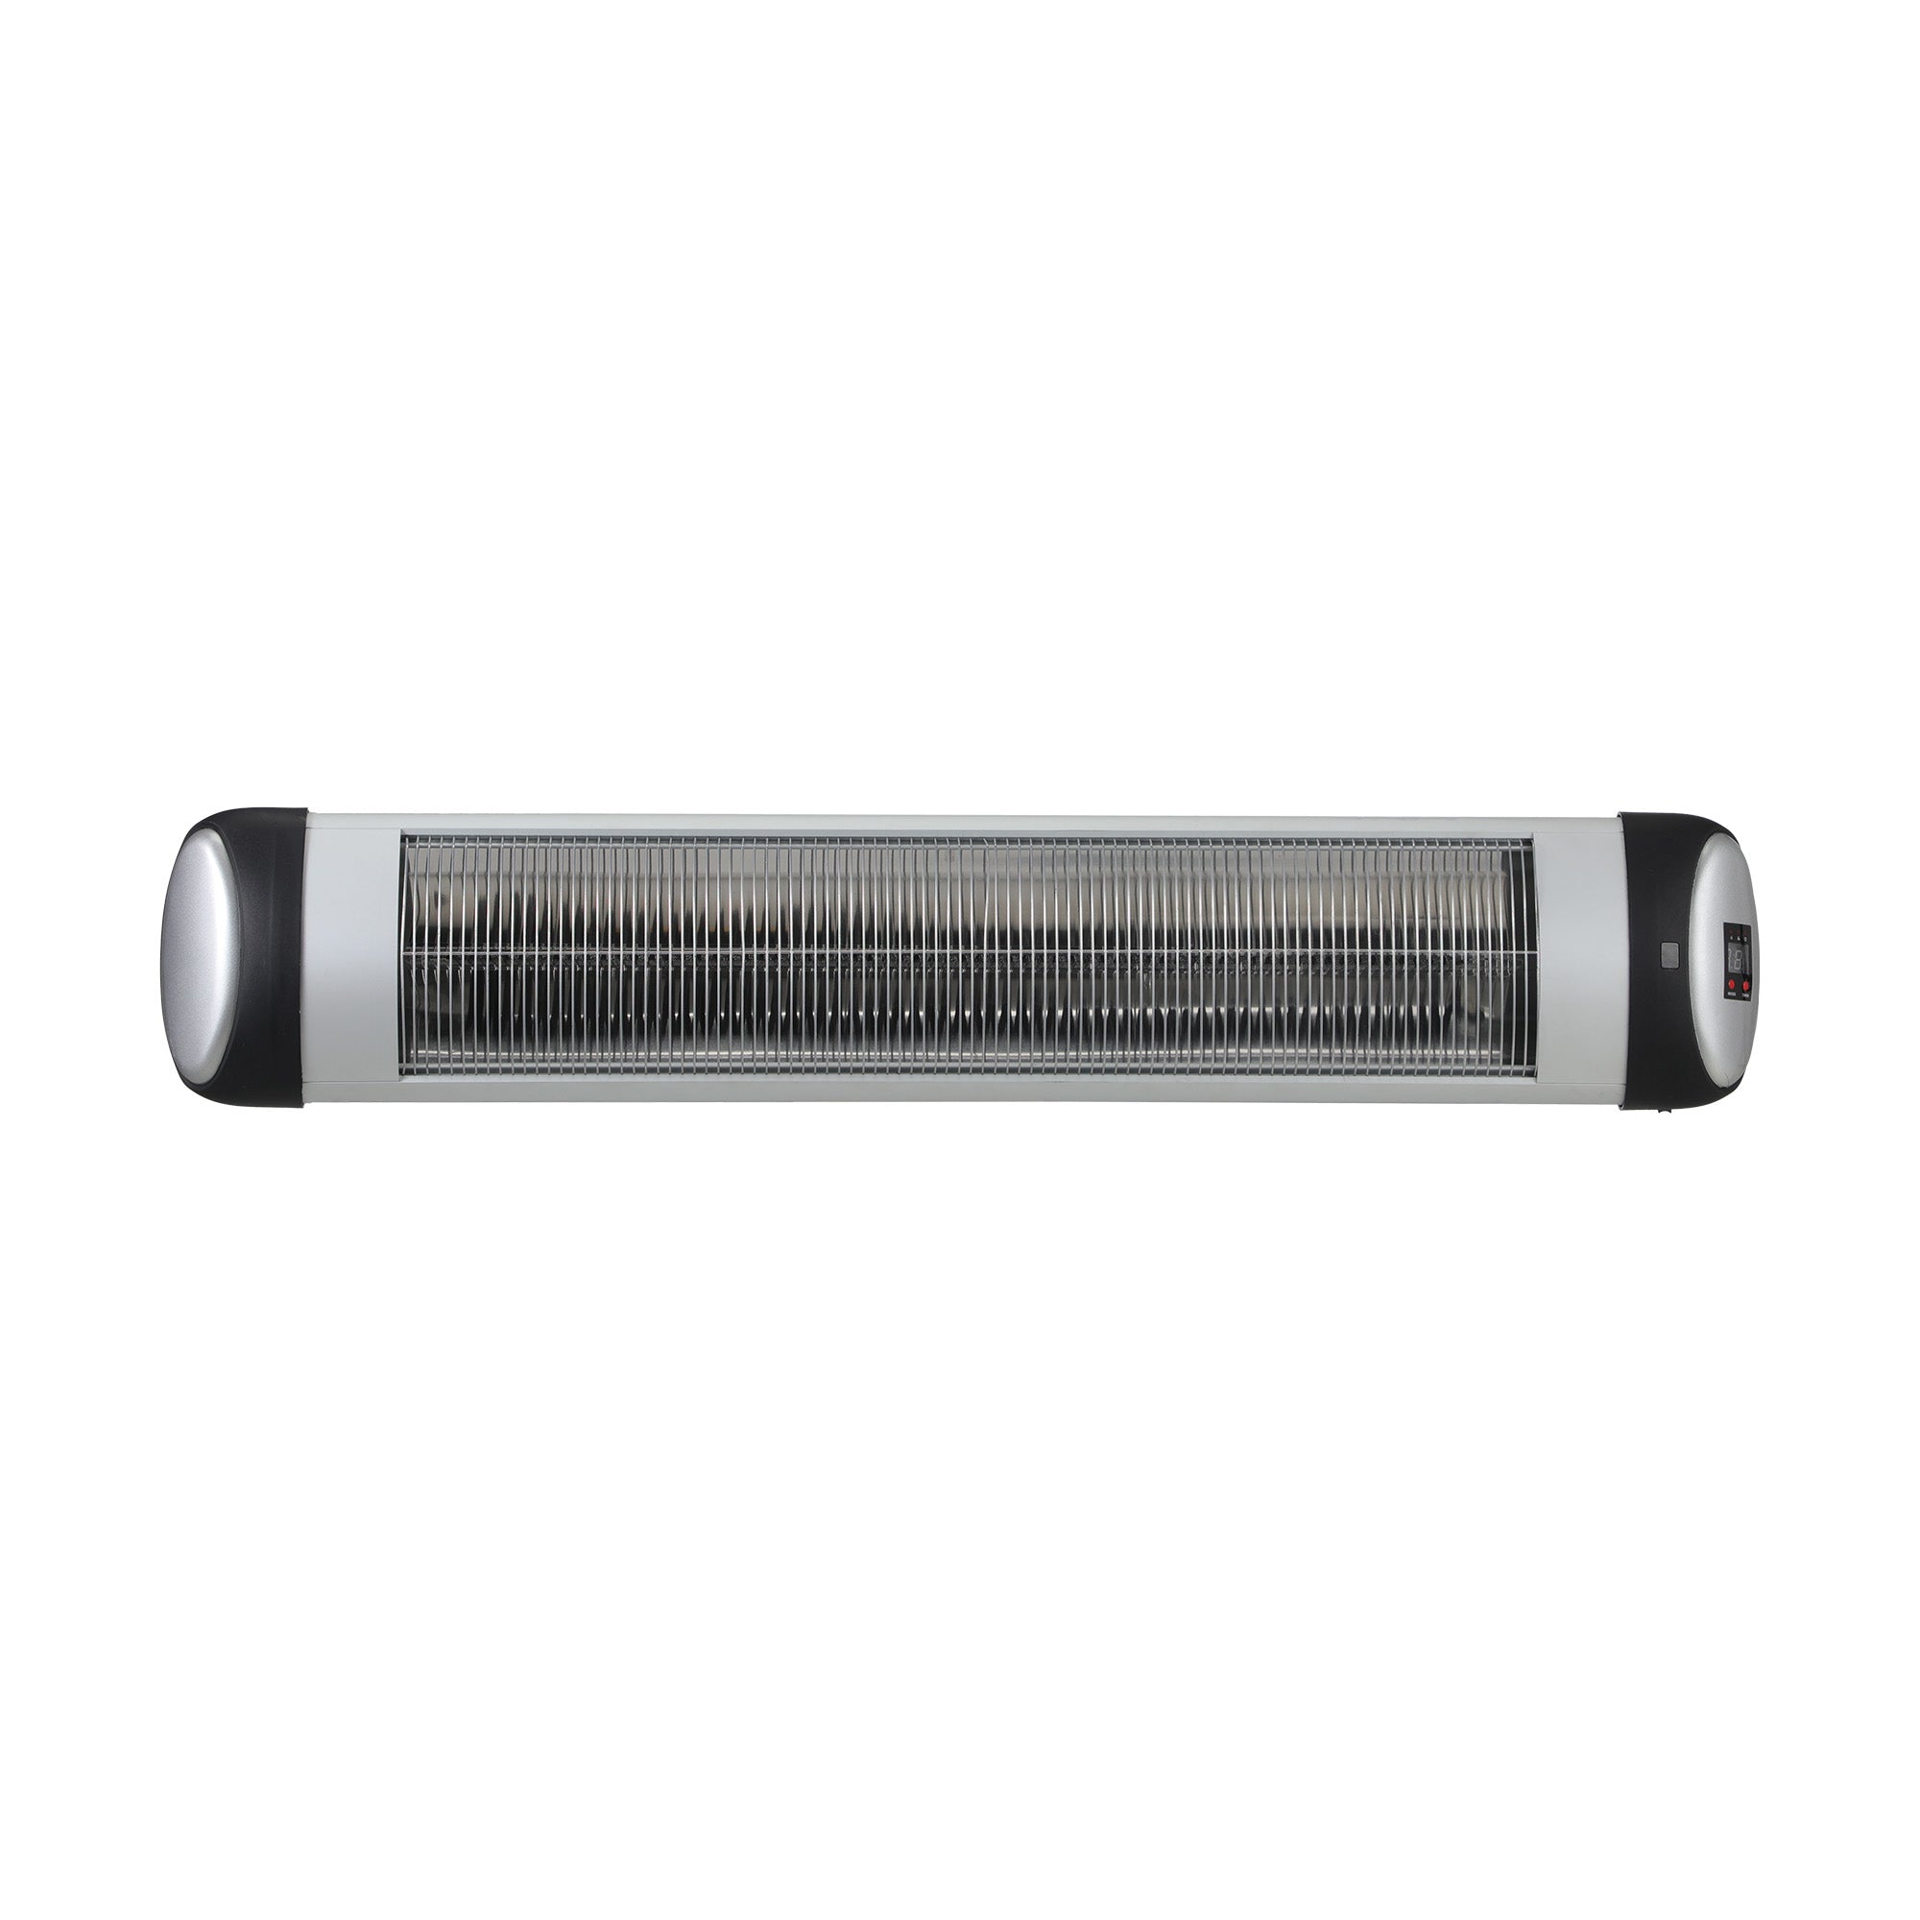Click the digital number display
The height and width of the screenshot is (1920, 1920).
click(x=1739, y=959)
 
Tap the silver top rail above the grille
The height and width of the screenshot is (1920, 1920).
click(x=964, y=824)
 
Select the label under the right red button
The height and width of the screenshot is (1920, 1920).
click(x=1748, y=995)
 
